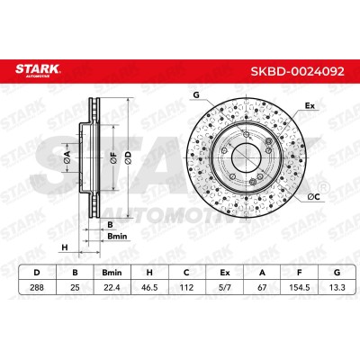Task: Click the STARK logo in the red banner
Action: pyautogui.click(x=38, y=70)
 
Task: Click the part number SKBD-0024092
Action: pyautogui.click(x=298, y=71)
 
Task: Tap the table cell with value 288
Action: pyautogui.click(x=37, y=287)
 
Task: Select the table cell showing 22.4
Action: pyautogui.click(x=112, y=287)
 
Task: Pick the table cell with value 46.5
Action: pyautogui.click(x=149, y=287)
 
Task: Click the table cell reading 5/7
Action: pyautogui.click(x=225, y=287)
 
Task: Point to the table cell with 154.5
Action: pyautogui.click(x=299, y=287)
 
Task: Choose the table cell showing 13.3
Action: pyautogui.click(x=337, y=287)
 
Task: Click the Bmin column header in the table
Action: pyautogui.click(x=112, y=273)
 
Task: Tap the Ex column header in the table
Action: pyautogui.click(x=225, y=273)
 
